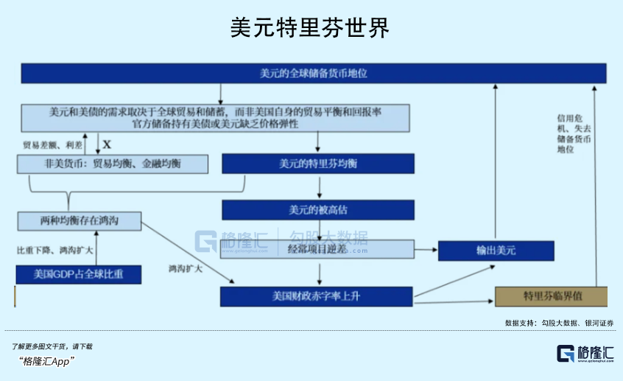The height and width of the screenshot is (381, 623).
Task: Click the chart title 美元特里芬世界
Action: coord(310,27)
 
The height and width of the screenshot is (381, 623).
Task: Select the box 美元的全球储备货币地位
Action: coord(313,74)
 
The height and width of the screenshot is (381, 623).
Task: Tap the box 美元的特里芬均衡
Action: coord(318,164)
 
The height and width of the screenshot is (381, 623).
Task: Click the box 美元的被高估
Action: coord(318,209)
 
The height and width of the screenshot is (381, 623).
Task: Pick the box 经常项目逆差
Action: coord(318,250)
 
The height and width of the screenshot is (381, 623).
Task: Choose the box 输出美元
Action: coord(496,251)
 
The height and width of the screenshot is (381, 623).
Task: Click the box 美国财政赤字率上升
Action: coord(317,297)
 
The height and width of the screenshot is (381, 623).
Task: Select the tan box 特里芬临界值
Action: coord(551,296)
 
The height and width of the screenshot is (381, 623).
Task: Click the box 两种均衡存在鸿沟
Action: coord(79,220)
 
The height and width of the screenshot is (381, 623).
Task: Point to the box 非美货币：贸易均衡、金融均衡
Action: coord(113,164)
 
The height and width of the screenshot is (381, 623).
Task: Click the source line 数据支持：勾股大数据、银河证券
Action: coord(559,322)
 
